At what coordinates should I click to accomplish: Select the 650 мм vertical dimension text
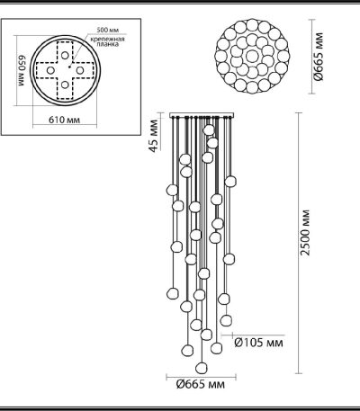[x=13, y=69]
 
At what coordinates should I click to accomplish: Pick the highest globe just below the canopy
[x=209, y=130]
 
